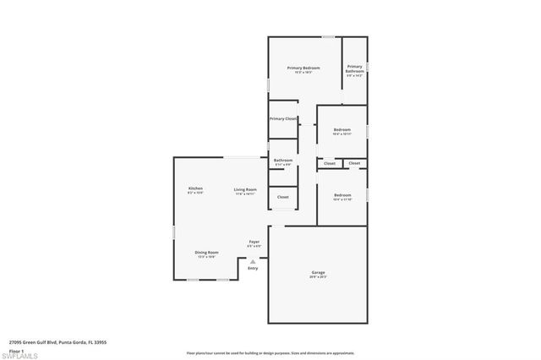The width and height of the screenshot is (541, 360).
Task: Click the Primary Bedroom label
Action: (x=304, y=68)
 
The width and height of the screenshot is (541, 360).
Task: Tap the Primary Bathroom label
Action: (x=354, y=68)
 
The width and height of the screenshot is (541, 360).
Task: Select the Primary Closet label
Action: (x=283, y=119)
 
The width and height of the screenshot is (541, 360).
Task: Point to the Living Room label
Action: (x=245, y=189)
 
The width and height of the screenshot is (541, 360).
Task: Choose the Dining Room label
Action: (x=207, y=252)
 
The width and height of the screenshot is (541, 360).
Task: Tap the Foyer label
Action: (x=254, y=243)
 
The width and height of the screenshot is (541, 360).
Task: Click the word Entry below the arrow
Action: (x=253, y=268)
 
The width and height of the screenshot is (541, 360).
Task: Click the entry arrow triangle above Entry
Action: (x=253, y=261)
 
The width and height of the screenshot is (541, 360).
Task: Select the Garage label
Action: (x=318, y=272)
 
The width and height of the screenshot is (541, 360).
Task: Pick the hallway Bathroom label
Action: (x=283, y=161)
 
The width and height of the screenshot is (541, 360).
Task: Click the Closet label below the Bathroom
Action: (x=283, y=197)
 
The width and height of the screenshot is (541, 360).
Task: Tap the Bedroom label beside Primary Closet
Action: (x=342, y=130)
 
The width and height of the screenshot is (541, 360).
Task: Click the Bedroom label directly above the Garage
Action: (x=342, y=195)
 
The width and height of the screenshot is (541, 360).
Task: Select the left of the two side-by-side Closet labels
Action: (x=330, y=163)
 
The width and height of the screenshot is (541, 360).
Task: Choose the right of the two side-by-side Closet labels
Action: (x=354, y=163)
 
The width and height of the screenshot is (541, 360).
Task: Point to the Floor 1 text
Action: (x=16, y=349)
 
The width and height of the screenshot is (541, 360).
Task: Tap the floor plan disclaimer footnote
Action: (x=270, y=352)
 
